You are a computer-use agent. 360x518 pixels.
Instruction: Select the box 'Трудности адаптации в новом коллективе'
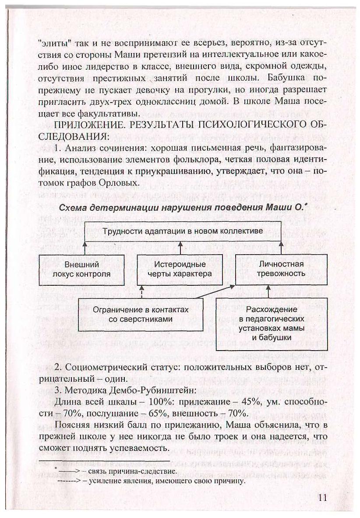coord(183,231)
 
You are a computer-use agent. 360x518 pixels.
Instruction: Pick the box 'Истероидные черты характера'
coord(180,269)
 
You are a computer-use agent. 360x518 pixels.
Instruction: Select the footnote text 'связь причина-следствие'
coord(132,472)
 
